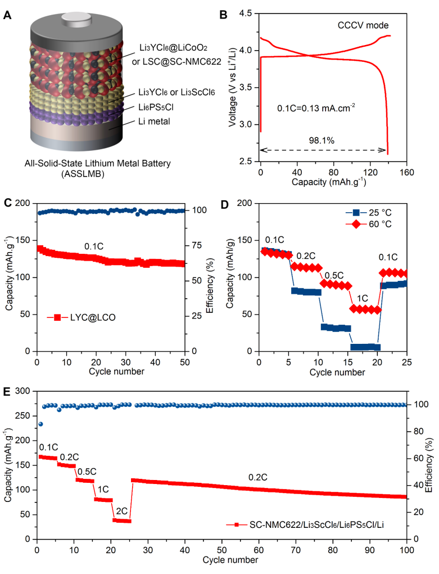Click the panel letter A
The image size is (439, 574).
tap(8, 15)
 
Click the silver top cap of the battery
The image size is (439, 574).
tap(75, 17)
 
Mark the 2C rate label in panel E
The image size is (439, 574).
tap(121, 510)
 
